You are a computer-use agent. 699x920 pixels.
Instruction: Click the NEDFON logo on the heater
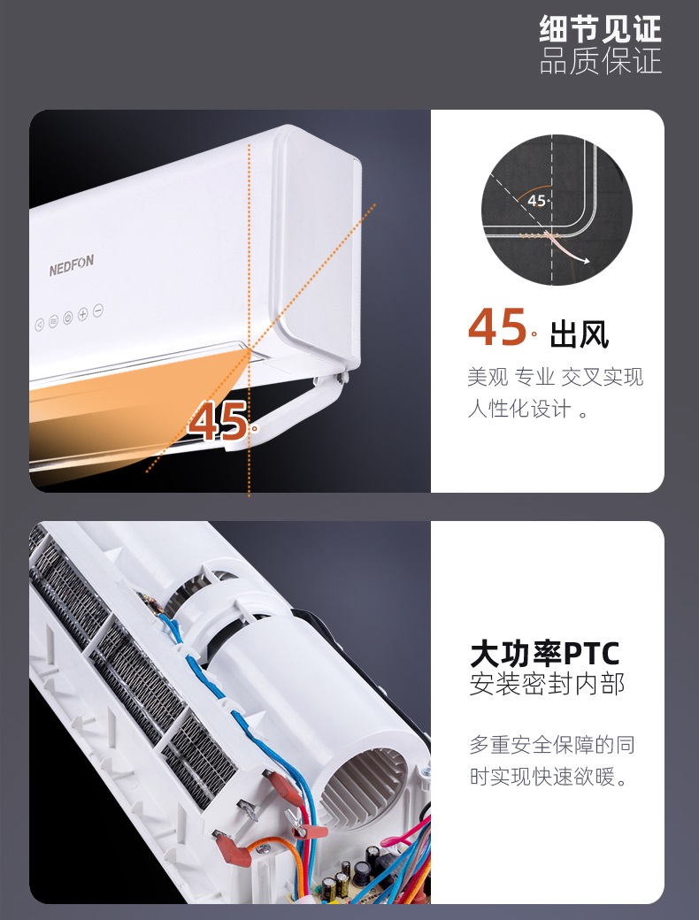(x=71, y=265)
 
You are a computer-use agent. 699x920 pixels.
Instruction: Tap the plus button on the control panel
(x=83, y=314)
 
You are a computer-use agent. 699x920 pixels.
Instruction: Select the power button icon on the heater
(x=68, y=318)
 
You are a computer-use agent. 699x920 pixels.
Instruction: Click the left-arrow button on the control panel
(x=39, y=325)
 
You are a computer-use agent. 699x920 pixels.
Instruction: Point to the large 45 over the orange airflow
(x=218, y=421)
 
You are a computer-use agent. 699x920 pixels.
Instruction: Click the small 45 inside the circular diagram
(x=536, y=201)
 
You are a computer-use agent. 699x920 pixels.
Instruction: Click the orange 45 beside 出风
(x=496, y=327)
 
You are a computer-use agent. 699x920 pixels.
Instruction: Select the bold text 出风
(x=579, y=335)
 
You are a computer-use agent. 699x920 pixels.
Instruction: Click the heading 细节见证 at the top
(x=600, y=29)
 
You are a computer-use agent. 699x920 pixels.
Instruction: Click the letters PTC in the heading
(x=591, y=654)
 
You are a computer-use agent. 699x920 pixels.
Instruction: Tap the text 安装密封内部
(x=547, y=684)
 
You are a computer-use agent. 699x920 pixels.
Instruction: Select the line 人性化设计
(x=519, y=409)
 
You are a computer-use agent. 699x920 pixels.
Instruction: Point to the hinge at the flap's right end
(x=341, y=378)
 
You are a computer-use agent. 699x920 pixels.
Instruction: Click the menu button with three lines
(x=53, y=321)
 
